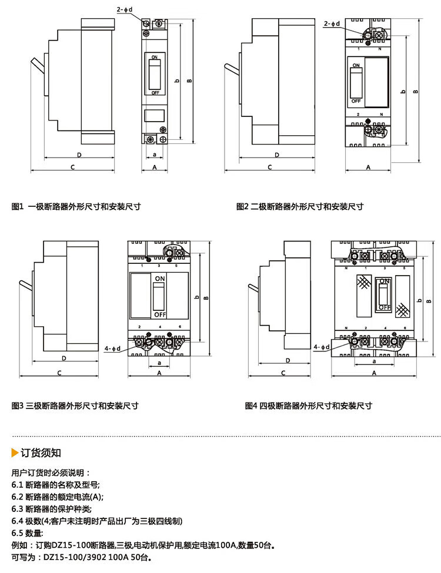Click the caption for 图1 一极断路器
pyautogui.click(x=76, y=206)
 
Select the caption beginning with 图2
pyautogui.click(x=300, y=206)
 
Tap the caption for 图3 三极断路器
pyautogui.click(x=75, y=406)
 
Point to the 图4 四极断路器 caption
pyautogui.click(x=309, y=406)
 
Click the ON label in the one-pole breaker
pyautogui.click(x=155, y=57)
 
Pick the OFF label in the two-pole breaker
pyautogui.click(x=356, y=100)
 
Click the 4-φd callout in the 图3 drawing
pyautogui.click(x=111, y=349)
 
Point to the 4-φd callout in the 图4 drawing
pyautogui.click(x=323, y=347)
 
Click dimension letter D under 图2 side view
pyautogui.click(x=276, y=155)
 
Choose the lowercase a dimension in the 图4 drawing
pyautogui.click(x=374, y=361)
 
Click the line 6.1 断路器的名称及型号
pyautogui.click(x=56, y=485)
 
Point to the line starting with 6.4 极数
pyautogui.click(x=97, y=521)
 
